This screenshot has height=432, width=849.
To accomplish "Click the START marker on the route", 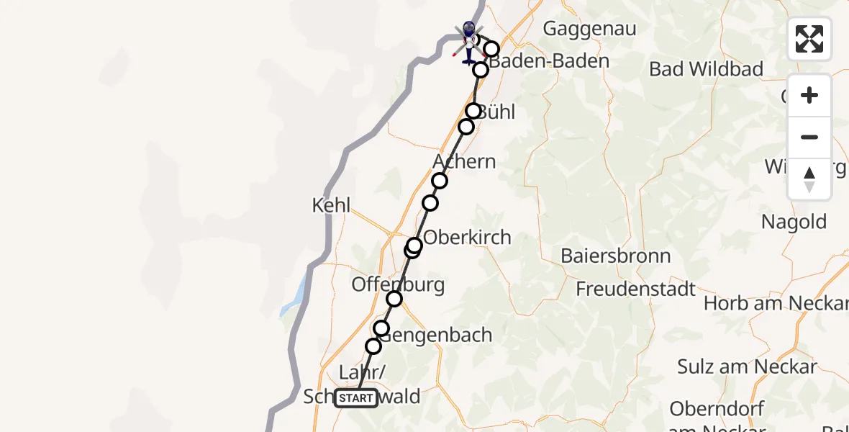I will [x=356, y=398].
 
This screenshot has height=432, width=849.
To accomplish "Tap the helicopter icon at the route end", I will [x=468, y=42].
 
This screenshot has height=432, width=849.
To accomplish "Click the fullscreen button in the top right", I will [x=809, y=39].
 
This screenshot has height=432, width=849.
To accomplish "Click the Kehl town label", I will [x=331, y=205].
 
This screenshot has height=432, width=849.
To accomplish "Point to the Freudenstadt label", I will [x=636, y=289].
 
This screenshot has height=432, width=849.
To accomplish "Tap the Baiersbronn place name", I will [x=615, y=256].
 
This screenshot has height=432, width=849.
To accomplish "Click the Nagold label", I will [x=794, y=222].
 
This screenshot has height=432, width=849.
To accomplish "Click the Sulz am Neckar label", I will [x=748, y=366].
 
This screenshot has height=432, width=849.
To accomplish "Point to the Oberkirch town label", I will [x=468, y=237].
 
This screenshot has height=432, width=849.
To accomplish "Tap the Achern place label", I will [x=465, y=161].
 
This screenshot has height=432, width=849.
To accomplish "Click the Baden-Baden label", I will [x=550, y=61].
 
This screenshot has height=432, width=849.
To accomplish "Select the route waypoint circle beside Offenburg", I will [x=394, y=299].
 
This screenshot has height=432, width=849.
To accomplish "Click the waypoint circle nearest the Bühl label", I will [x=473, y=111].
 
